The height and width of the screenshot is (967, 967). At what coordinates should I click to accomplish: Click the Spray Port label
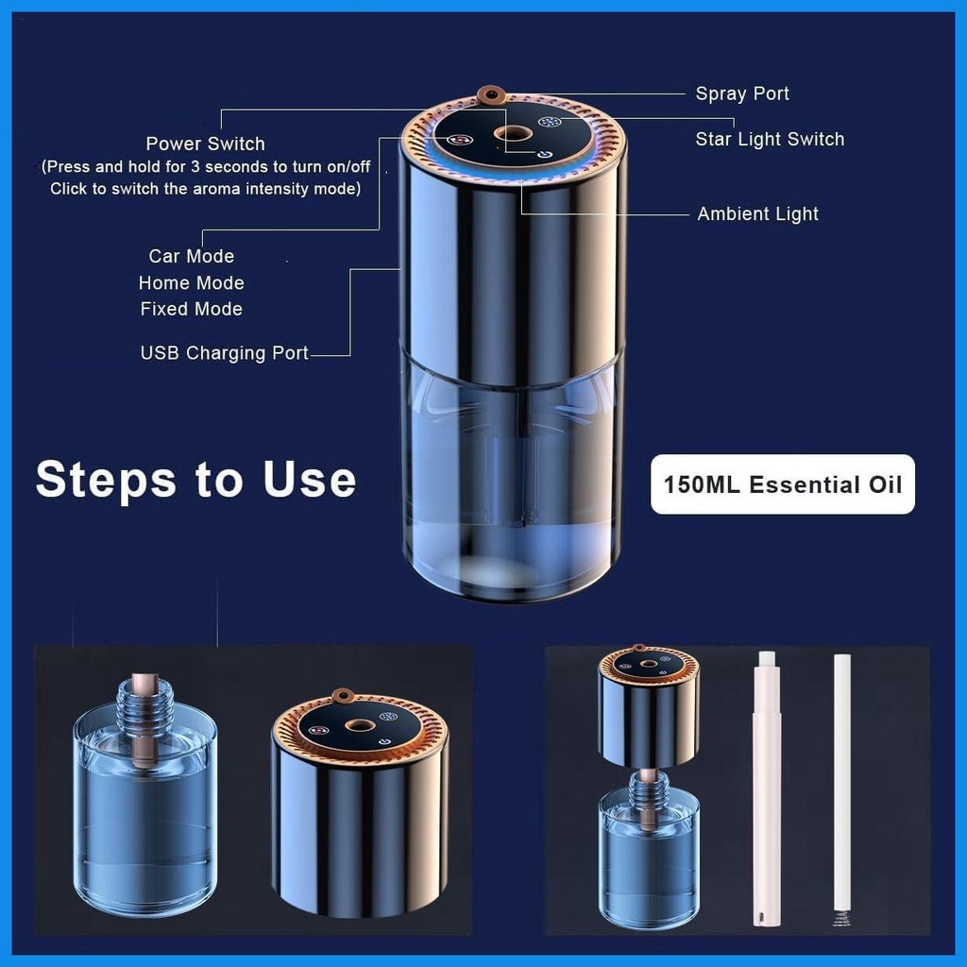pos(742,93)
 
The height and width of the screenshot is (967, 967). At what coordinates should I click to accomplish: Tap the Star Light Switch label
pos(770,140)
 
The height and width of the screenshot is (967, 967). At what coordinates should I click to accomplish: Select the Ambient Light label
pos(757,214)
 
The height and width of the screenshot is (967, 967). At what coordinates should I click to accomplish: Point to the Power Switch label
pos(205,144)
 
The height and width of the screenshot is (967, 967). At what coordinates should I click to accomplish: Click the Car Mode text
pos(191,256)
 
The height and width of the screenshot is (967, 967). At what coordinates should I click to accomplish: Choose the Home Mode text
pos(191,282)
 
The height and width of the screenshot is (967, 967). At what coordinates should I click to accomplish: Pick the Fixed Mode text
pos(191,309)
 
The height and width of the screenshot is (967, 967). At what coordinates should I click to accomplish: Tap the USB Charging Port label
pos(224,353)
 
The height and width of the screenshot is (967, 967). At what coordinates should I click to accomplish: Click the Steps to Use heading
pos(195,479)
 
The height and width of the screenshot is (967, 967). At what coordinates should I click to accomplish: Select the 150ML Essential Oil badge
pos(783,484)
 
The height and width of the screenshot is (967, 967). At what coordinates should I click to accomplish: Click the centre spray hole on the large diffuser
pos(513,133)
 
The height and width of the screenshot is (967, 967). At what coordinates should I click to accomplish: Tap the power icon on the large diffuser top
pos(543,154)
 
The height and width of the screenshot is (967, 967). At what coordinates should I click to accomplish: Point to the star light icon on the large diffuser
pos(549,122)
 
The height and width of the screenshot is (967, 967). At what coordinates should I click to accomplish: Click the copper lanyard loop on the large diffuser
pos(491,94)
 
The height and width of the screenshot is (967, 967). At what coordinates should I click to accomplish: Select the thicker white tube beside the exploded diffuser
pos(767,789)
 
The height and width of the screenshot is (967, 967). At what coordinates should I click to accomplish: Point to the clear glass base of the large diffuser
pos(512,482)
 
